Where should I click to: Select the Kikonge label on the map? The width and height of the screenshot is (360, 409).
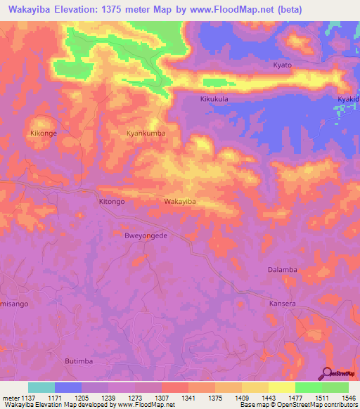point(44,132)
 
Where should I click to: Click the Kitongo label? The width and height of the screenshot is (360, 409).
point(111,201)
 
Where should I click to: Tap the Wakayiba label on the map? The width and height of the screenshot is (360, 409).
point(179,202)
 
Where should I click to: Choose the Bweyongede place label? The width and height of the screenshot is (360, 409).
point(146,236)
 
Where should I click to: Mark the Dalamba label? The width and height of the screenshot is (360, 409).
point(283,269)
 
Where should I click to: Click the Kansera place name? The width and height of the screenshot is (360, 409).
point(283,304)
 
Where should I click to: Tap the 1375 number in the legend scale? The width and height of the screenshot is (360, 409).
point(229,398)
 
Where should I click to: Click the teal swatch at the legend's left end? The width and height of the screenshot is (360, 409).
point(41,387)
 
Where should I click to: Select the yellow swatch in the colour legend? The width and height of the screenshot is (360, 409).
point(282,387)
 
